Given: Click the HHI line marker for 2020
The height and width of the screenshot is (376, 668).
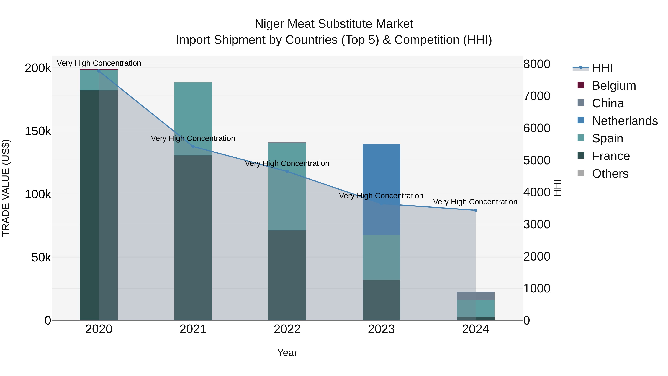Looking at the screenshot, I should (99, 71).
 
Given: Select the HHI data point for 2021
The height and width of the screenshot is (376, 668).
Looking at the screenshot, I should (193, 147).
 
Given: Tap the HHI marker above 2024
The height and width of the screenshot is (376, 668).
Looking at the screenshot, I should (475, 210).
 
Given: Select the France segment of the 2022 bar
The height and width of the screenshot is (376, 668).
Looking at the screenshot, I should (287, 275).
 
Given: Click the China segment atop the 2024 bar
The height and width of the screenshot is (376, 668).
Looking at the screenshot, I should (475, 296).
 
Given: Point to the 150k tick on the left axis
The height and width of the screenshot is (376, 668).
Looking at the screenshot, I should (38, 131).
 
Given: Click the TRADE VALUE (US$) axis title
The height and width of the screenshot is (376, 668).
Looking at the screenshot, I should (6, 188).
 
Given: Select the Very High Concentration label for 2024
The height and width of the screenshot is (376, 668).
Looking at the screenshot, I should (475, 202).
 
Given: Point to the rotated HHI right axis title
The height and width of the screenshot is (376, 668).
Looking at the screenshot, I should (557, 188).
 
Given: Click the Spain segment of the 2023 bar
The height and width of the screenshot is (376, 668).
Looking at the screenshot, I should (381, 257).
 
